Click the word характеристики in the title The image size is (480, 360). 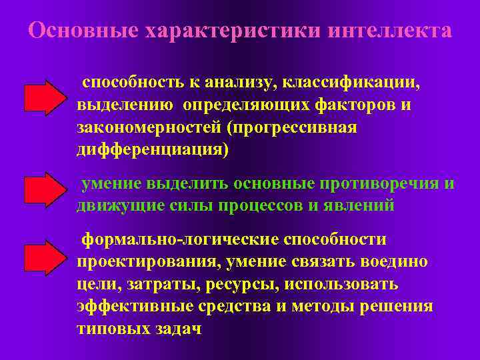point(220,31)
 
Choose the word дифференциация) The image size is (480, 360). point(152,149)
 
